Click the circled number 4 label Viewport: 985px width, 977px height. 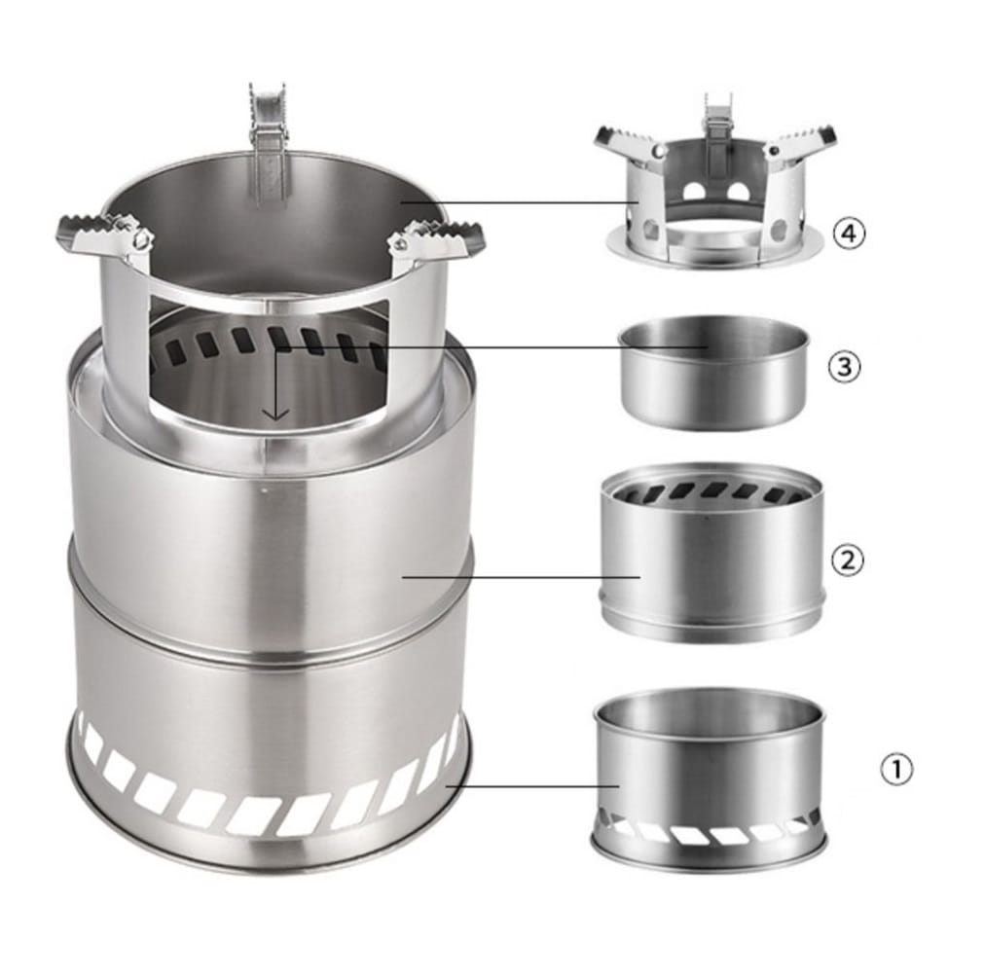pyautogui.click(x=849, y=234)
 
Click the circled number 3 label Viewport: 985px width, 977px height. pyautogui.click(x=845, y=366)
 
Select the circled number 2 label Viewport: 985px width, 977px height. pyautogui.click(x=848, y=560)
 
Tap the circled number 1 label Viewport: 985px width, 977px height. pyautogui.click(x=895, y=768)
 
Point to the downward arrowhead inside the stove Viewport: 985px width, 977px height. pyautogui.click(x=275, y=414)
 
